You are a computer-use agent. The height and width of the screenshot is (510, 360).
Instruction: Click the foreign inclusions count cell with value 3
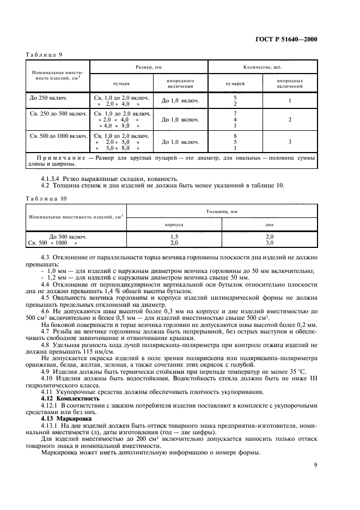point(290,142)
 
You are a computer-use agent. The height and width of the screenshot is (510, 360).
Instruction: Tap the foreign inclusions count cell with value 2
point(290,119)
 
